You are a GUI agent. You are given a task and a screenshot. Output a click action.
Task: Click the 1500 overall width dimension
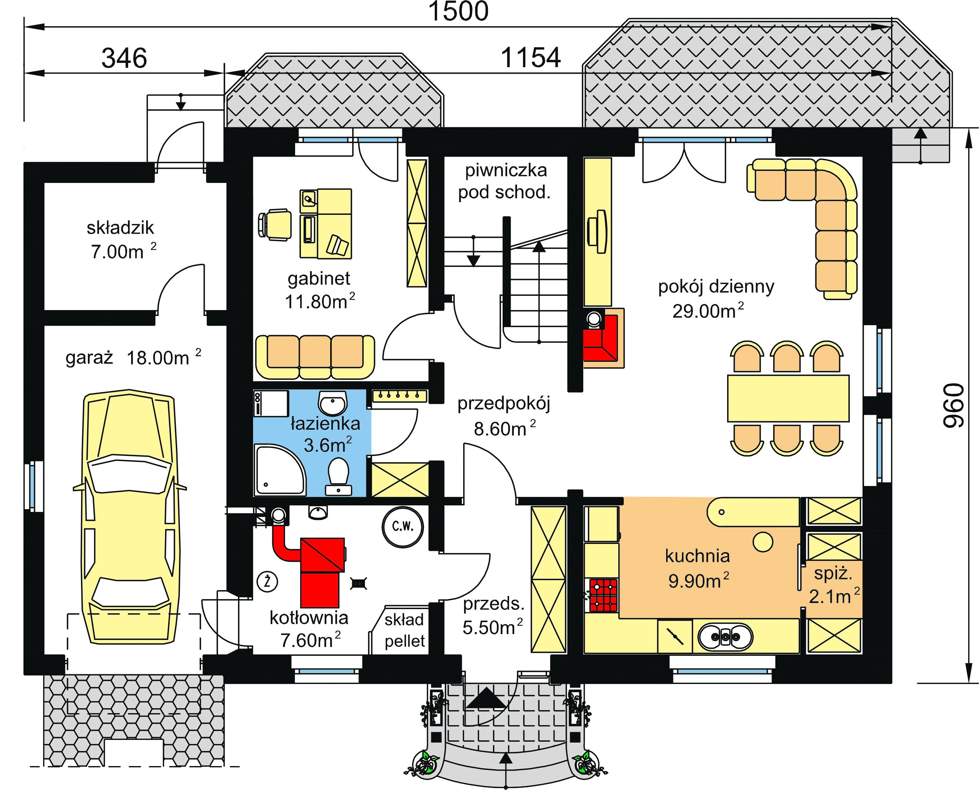[458, 11]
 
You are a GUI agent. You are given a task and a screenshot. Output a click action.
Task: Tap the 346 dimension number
[124, 58]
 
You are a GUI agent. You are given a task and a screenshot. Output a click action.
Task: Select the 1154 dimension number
[531, 58]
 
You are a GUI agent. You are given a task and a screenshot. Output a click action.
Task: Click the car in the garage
[129, 517]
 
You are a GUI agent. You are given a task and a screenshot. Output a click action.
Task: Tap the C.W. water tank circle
[403, 527]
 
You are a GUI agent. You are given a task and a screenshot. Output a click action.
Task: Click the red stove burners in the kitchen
[604, 594]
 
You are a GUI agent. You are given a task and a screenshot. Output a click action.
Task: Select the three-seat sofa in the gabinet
[315, 357]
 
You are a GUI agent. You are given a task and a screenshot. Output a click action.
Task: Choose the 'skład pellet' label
[404, 630]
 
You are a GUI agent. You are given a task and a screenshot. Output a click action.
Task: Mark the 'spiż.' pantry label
[832, 574]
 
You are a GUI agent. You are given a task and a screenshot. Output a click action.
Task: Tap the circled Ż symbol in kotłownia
[268, 581]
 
